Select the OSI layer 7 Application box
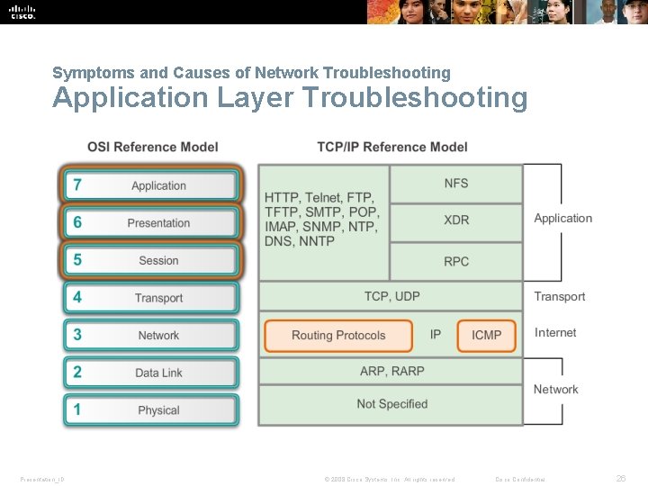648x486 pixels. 150,185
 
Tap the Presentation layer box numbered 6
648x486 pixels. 150,223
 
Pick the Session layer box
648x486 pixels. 150,260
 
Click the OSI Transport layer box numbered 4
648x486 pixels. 150,298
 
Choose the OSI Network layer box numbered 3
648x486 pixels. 150,335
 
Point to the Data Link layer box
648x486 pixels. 150,373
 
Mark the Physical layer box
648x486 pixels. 150,409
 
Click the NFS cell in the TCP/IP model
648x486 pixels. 456,184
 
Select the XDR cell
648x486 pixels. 456,220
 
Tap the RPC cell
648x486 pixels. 456,262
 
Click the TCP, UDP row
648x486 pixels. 391,296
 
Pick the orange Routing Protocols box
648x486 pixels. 338,335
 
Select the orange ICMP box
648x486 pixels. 487,335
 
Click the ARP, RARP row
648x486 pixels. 391,371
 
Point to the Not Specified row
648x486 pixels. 391,404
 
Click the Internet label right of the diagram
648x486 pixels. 555,333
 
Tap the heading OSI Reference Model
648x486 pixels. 153,147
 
